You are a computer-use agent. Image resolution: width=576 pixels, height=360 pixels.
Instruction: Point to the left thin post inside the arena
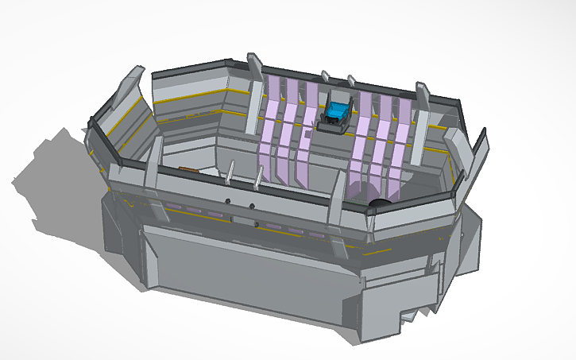tap(230, 175)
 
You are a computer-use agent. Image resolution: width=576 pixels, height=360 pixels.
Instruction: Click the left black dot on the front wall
tap(227, 201)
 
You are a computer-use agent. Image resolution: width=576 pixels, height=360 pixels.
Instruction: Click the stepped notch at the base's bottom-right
tap(413, 314)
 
